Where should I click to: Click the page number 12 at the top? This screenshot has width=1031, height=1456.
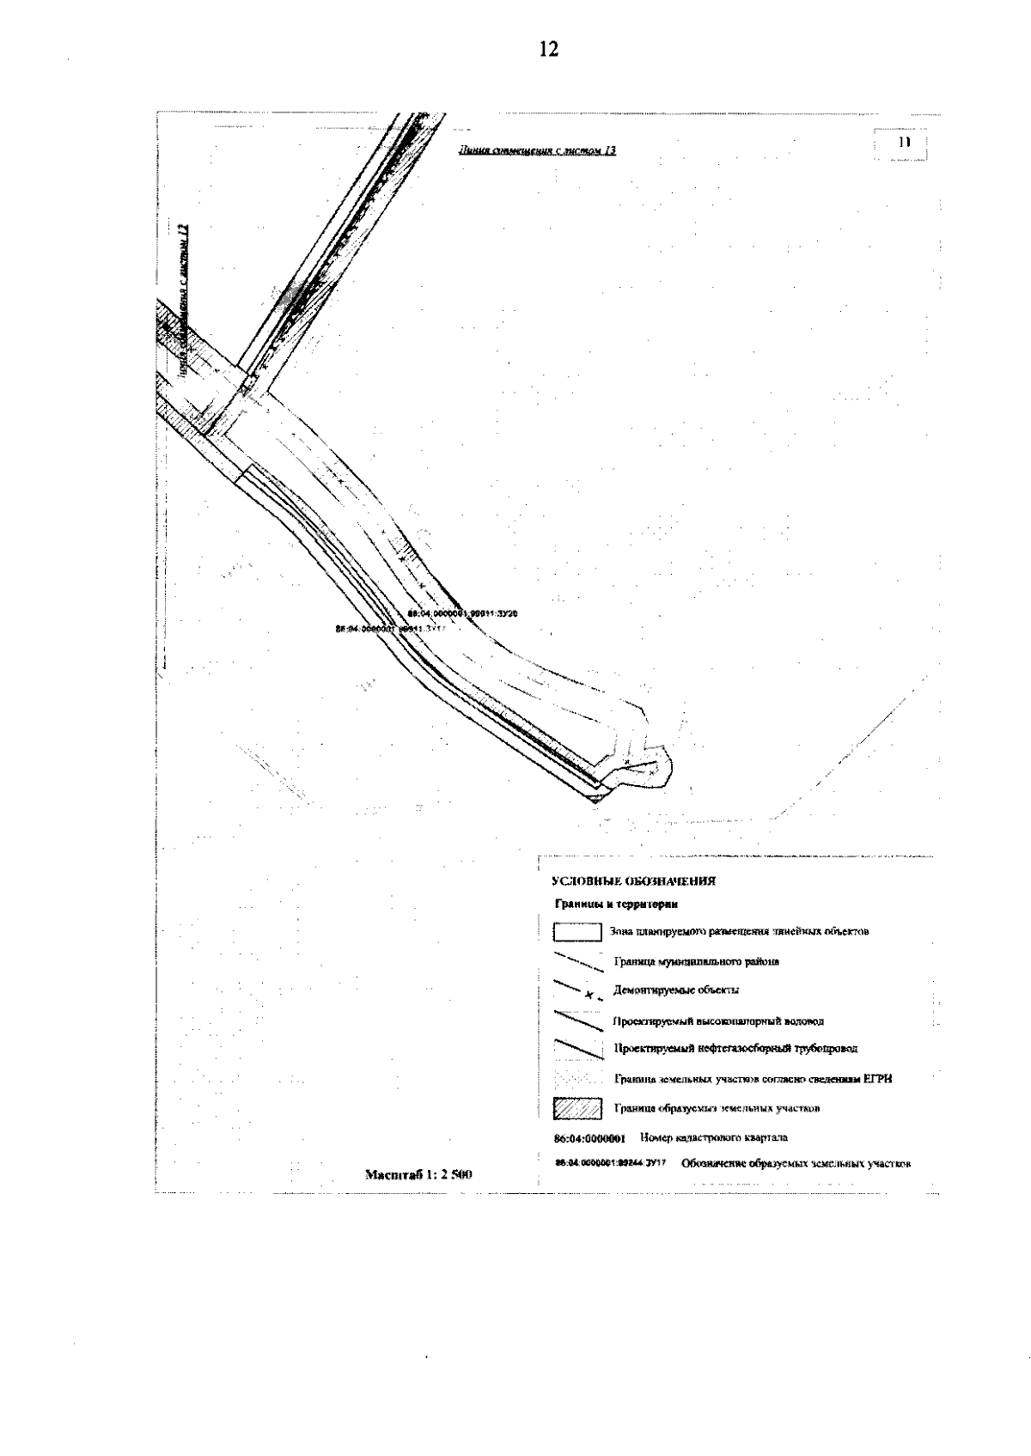548,50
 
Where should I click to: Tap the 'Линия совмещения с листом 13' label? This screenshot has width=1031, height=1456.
539,150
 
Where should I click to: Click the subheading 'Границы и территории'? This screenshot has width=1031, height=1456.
616,905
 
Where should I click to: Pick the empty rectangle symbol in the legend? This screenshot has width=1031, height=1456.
576,932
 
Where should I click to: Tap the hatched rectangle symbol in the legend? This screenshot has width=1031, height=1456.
576,1108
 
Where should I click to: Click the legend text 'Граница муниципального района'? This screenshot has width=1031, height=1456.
697,962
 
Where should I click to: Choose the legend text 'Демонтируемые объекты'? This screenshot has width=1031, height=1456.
676,990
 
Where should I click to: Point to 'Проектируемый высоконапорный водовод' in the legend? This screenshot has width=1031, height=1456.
719,1021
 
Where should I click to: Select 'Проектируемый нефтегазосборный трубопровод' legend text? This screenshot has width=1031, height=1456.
735,1049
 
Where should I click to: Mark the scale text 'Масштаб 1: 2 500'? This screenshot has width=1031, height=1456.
420,1174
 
